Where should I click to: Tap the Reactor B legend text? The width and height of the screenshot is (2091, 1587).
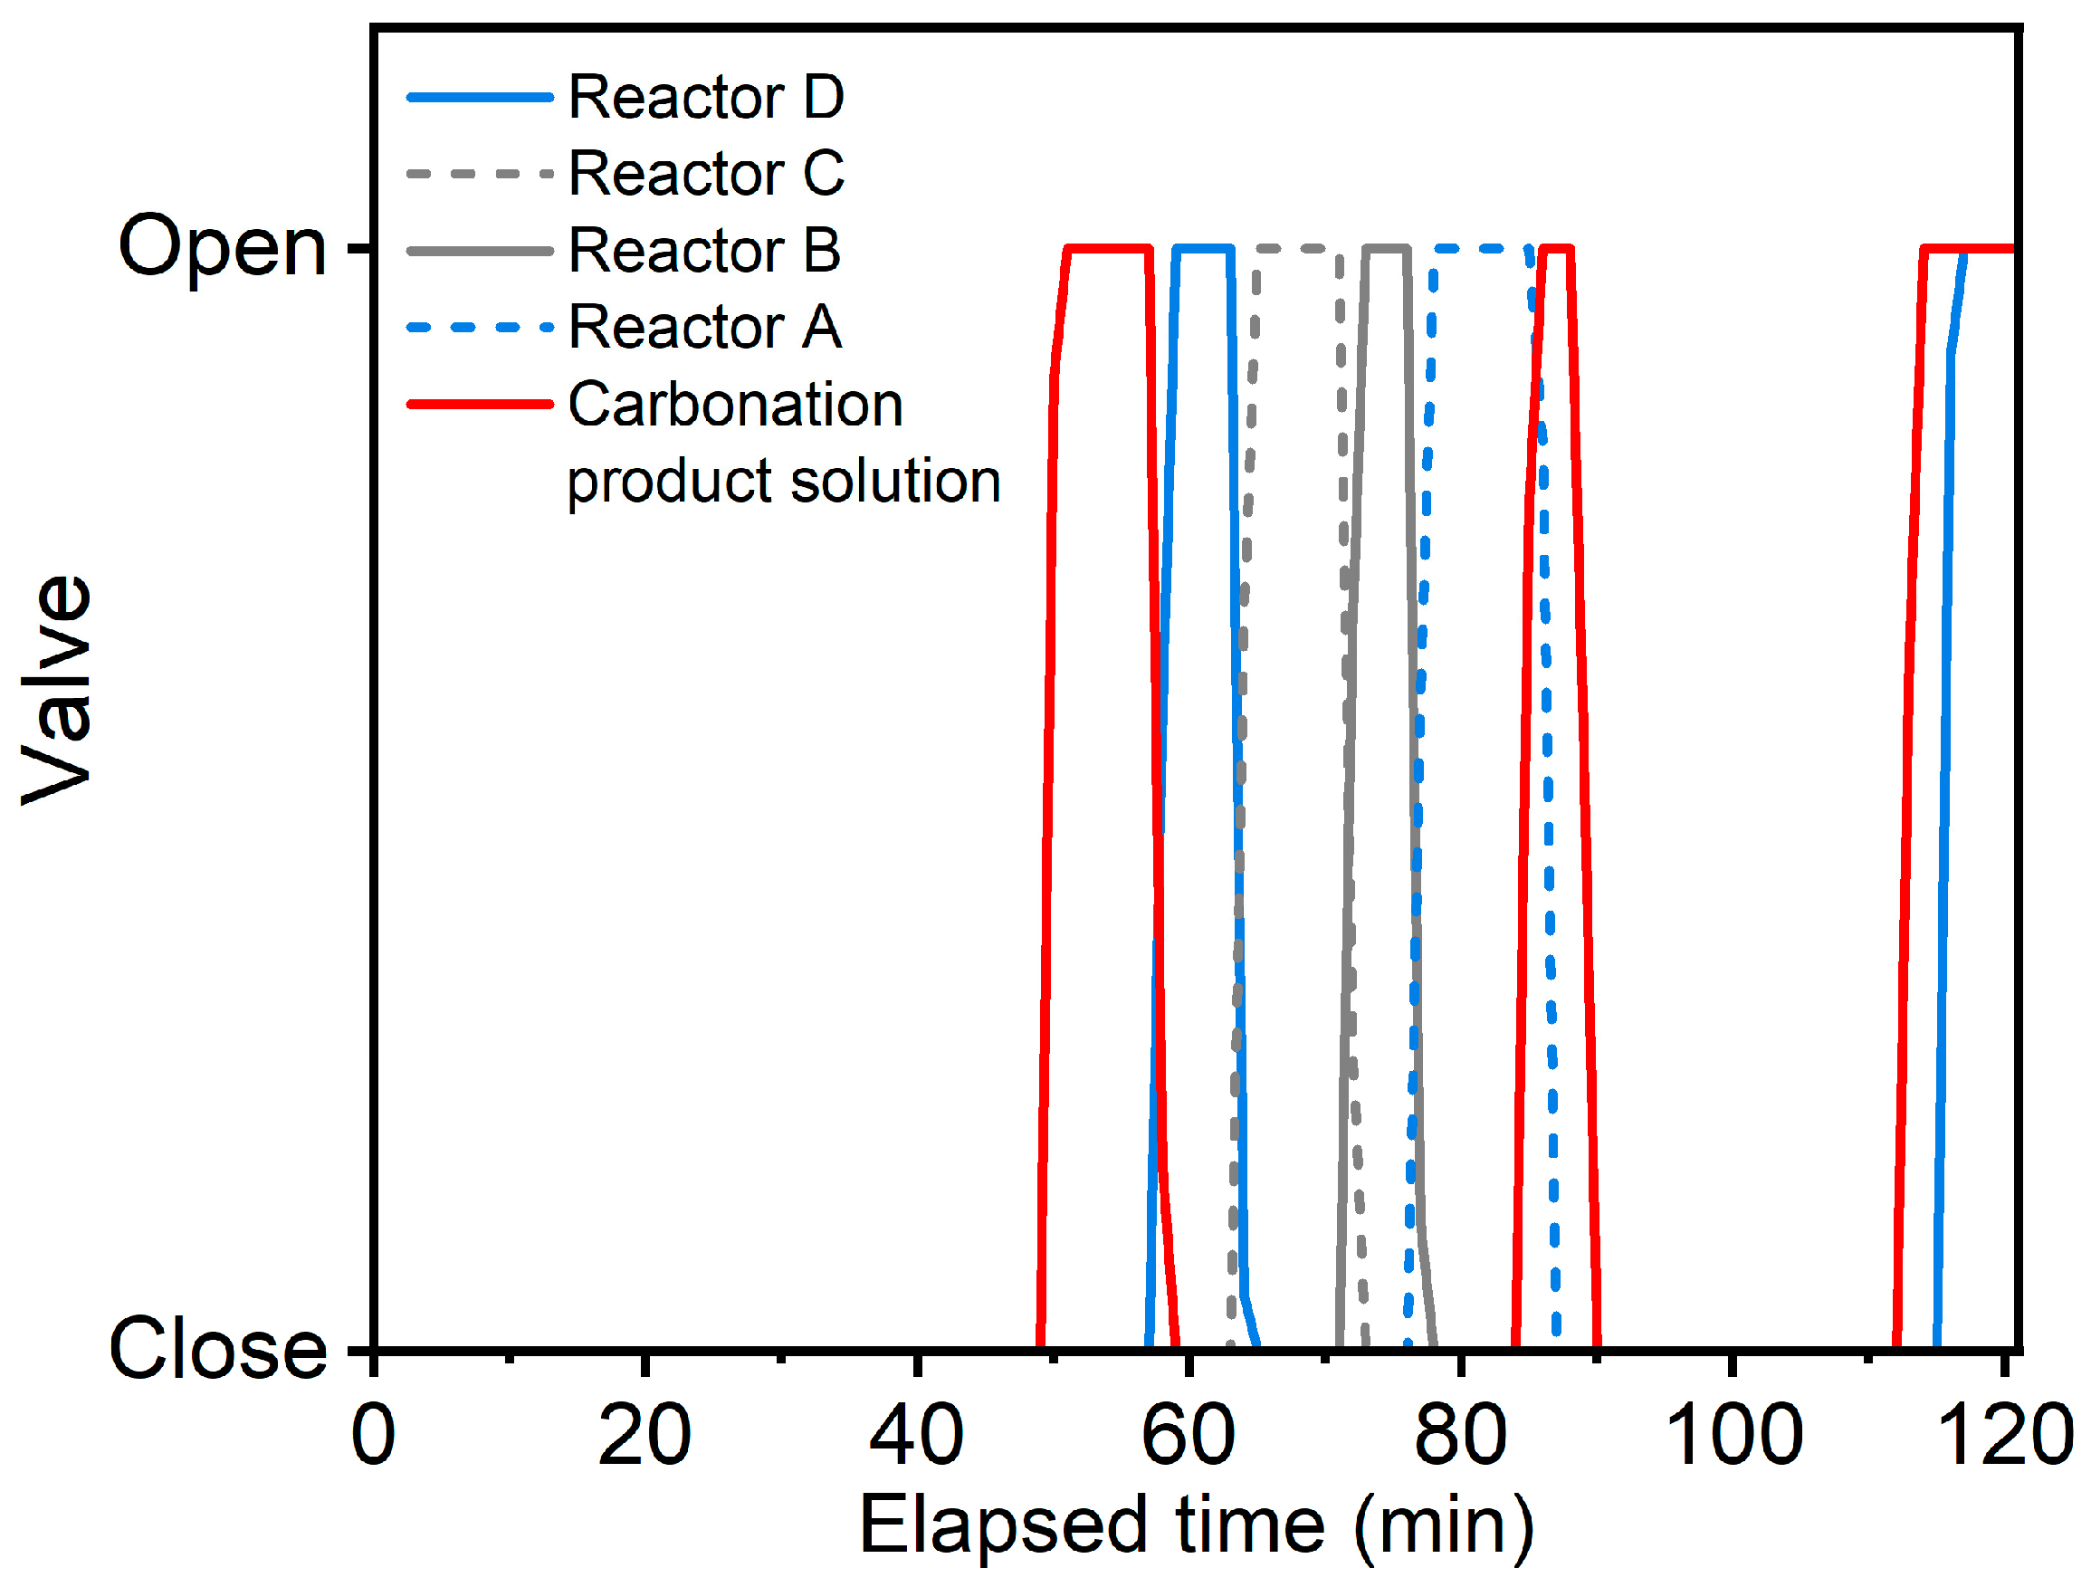[703, 251]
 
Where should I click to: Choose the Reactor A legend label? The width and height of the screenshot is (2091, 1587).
[703, 327]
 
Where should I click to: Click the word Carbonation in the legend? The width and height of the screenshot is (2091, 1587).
[734, 405]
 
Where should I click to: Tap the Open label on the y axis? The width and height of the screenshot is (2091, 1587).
[222, 248]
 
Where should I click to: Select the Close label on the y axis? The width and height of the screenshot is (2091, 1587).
[217, 1350]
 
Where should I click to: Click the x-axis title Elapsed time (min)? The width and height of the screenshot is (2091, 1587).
[1196, 1525]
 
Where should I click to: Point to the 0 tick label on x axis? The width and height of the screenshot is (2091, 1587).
[373, 1435]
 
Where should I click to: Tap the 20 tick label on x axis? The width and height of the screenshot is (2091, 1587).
[644, 1435]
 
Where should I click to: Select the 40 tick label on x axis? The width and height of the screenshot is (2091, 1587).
[916, 1435]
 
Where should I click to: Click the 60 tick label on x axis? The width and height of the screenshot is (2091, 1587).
[1189, 1435]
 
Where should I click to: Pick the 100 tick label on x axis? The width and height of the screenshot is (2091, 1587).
[1733, 1435]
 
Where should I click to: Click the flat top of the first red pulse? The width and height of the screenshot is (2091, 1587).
[1108, 249]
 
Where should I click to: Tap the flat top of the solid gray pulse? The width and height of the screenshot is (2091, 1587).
[1387, 249]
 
